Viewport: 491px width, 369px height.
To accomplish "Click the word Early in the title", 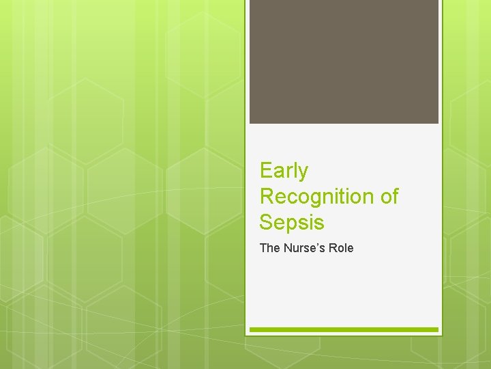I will click(x=284, y=171).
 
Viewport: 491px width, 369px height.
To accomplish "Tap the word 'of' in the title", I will click(x=389, y=197).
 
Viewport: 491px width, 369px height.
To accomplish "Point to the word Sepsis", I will click(x=292, y=222).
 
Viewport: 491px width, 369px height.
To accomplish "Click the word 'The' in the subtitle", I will click(x=269, y=248).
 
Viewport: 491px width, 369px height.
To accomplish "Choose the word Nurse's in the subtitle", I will click(x=304, y=248).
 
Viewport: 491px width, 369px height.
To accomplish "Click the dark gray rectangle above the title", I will click(x=344, y=61).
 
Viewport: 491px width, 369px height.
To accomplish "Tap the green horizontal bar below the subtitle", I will click(x=344, y=329).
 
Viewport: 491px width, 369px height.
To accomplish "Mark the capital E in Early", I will click(x=266, y=170).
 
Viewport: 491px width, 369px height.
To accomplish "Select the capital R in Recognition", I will click(x=267, y=196).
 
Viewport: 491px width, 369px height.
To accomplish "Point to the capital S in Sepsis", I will click(x=266, y=222).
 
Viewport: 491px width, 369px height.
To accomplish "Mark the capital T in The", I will click(x=263, y=248).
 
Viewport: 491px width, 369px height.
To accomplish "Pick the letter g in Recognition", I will click(x=313, y=199).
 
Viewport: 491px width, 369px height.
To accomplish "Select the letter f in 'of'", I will click(x=395, y=196).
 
